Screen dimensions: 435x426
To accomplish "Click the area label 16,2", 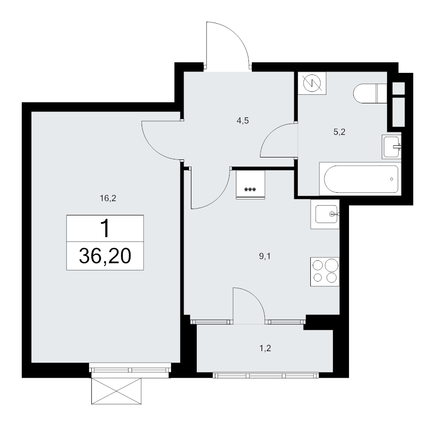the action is [108, 198].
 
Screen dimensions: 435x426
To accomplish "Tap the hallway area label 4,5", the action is [243, 121].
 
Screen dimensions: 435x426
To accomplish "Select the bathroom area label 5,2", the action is [339, 132].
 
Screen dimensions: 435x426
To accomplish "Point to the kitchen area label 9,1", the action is [265, 256].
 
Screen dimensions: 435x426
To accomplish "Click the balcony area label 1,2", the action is [265, 348].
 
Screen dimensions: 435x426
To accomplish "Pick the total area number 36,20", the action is [105, 256].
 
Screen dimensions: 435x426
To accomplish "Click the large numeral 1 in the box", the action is [105, 228].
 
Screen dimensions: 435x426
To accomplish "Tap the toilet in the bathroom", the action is [370, 93].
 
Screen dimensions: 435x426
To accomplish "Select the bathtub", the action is [361, 179].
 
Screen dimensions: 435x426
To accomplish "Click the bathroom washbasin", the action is [391, 147].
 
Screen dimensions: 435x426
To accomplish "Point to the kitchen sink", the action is [325, 214].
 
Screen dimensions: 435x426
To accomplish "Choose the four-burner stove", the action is [325, 272].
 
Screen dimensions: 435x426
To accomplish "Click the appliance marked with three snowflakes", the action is [250, 185].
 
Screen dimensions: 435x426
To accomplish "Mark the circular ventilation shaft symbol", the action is [312, 83].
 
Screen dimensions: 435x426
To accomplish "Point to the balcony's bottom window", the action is [266, 375].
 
